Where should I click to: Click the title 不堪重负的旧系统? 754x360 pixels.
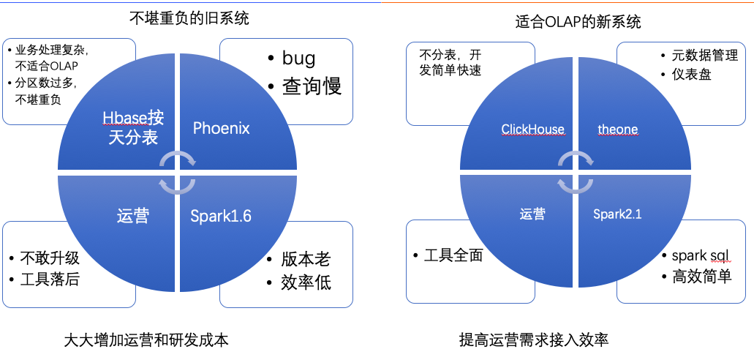pyautogui.click(x=189, y=18)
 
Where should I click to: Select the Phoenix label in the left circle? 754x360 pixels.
pyautogui.click(x=222, y=129)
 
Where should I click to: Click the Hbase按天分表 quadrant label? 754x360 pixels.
pyautogui.click(x=133, y=127)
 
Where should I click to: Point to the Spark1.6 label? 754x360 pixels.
pyautogui.click(x=221, y=216)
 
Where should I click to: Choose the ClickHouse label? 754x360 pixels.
pyautogui.click(x=532, y=130)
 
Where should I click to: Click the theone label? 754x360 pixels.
pyautogui.click(x=617, y=130)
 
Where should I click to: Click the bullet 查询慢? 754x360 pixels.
pyautogui.click(x=312, y=86)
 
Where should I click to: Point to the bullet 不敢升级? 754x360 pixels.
pyautogui.click(x=50, y=258)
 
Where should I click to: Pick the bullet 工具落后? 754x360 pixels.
pyautogui.click(x=50, y=280)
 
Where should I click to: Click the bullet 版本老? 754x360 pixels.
pyautogui.click(x=305, y=259)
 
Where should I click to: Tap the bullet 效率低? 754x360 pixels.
pyautogui.click(x=305, y=282)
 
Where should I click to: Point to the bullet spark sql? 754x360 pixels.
pyautogui.click(x=700, y=255)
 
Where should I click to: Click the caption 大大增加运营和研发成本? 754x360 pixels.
pyautogui.click(x=146, y=340)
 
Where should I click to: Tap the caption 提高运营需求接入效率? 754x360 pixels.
pyautogui.click(x=534, y=340)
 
